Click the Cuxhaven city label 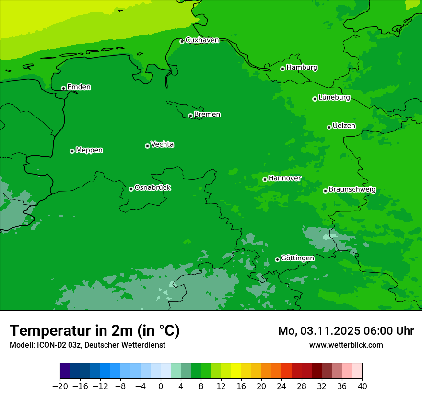coord(202,40)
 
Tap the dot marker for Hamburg coord(283,69)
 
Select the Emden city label coord(79,87)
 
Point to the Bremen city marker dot coord(190,116)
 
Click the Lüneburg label coord(334,98)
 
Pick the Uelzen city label coord(344,126)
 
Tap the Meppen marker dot coord(72,151)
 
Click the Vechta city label coord(162,144)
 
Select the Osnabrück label coord(152,187)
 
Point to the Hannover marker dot coord(265,179)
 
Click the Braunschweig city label coord(352,190)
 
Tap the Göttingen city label coord(297,258)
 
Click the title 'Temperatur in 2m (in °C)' coord(94,331)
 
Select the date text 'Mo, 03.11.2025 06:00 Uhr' coord(346,331)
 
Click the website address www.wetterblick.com coord(346,345)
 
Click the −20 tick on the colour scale coord(60,386)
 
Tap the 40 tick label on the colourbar coord(362,386)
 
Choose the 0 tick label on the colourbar coord(161,386)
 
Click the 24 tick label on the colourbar coord(281,386)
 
